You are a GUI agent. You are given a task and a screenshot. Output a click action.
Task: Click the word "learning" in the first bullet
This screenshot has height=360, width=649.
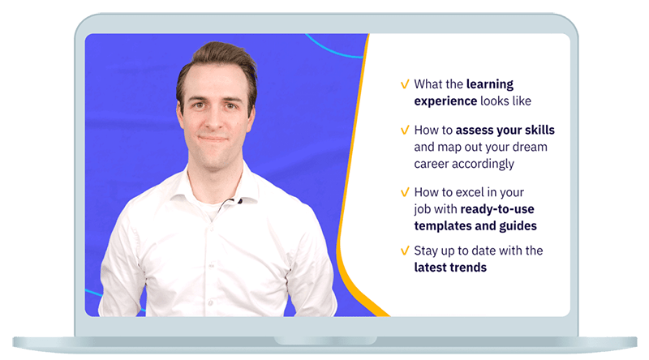click(x=490, y=85)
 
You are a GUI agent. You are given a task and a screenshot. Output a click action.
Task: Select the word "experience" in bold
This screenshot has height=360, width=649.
click(x=445, y=101)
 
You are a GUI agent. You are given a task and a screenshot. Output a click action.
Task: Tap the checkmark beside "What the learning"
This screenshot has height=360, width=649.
click(x=405, y=84)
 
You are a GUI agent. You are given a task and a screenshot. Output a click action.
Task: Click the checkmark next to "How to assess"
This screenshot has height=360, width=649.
click(x=405, y=131)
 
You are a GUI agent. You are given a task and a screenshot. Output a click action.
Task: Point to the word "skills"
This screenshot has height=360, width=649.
click(x=539, y=130)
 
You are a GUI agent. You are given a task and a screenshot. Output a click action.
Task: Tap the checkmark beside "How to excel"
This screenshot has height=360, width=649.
click(x=405, y=192)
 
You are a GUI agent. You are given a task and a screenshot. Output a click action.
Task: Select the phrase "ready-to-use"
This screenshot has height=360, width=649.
click(x=497, y=209)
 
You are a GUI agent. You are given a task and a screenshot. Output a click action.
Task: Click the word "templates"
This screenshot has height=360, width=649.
click(x=442, y=226)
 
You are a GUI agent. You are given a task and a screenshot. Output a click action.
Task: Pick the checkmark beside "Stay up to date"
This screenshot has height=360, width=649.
click(x=405, y=251)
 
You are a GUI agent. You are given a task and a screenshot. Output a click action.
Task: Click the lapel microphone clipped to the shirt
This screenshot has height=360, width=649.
click(x=239, y=202)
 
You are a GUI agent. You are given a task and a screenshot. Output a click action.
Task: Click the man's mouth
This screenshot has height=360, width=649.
click(x=213, y=139)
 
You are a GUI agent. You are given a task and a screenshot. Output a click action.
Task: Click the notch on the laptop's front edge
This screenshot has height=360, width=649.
click(x=325, y=341)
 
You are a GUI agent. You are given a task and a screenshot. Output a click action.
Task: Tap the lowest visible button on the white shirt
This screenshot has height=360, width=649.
click(x=210, y=303)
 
